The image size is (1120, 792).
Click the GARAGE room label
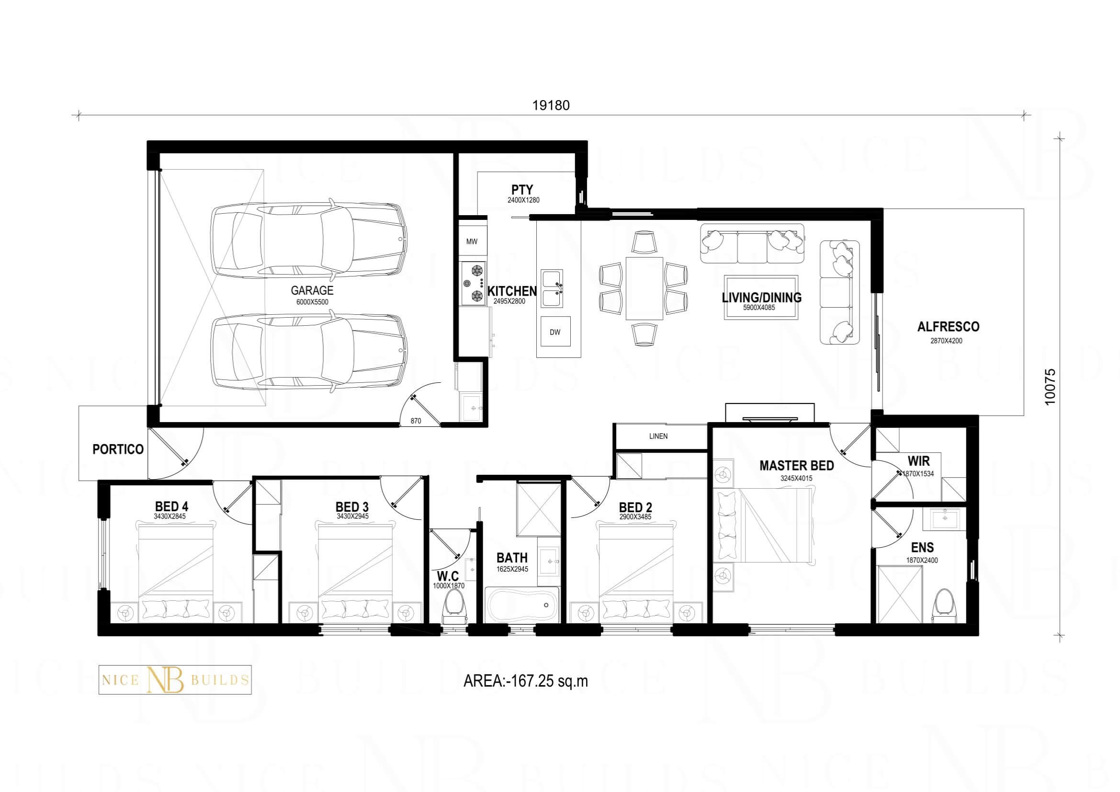click(x=312, y=290)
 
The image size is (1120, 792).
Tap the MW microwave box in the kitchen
click(x=472, y=241)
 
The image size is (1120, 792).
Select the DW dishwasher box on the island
click(x=555, y=333)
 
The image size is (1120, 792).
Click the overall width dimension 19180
click(x=551, y=105)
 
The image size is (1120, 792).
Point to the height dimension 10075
click(x=1050, y=386)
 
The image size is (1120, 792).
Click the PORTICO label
click(x=118, y=449)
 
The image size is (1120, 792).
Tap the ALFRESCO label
click(x=948, y=327)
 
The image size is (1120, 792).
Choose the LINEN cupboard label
click(x=658, y=436)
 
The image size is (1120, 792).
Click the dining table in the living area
click(x=645, y=288)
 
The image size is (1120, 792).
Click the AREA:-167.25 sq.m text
click(x=525, y=681)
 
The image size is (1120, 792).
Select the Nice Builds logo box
click(x=175, y=680)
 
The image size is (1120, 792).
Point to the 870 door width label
click(x=416, y=421)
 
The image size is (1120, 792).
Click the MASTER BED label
click(x=797, y=466)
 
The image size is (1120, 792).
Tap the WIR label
click(x=918, y=460)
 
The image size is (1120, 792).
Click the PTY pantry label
click(x=522, y=189)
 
